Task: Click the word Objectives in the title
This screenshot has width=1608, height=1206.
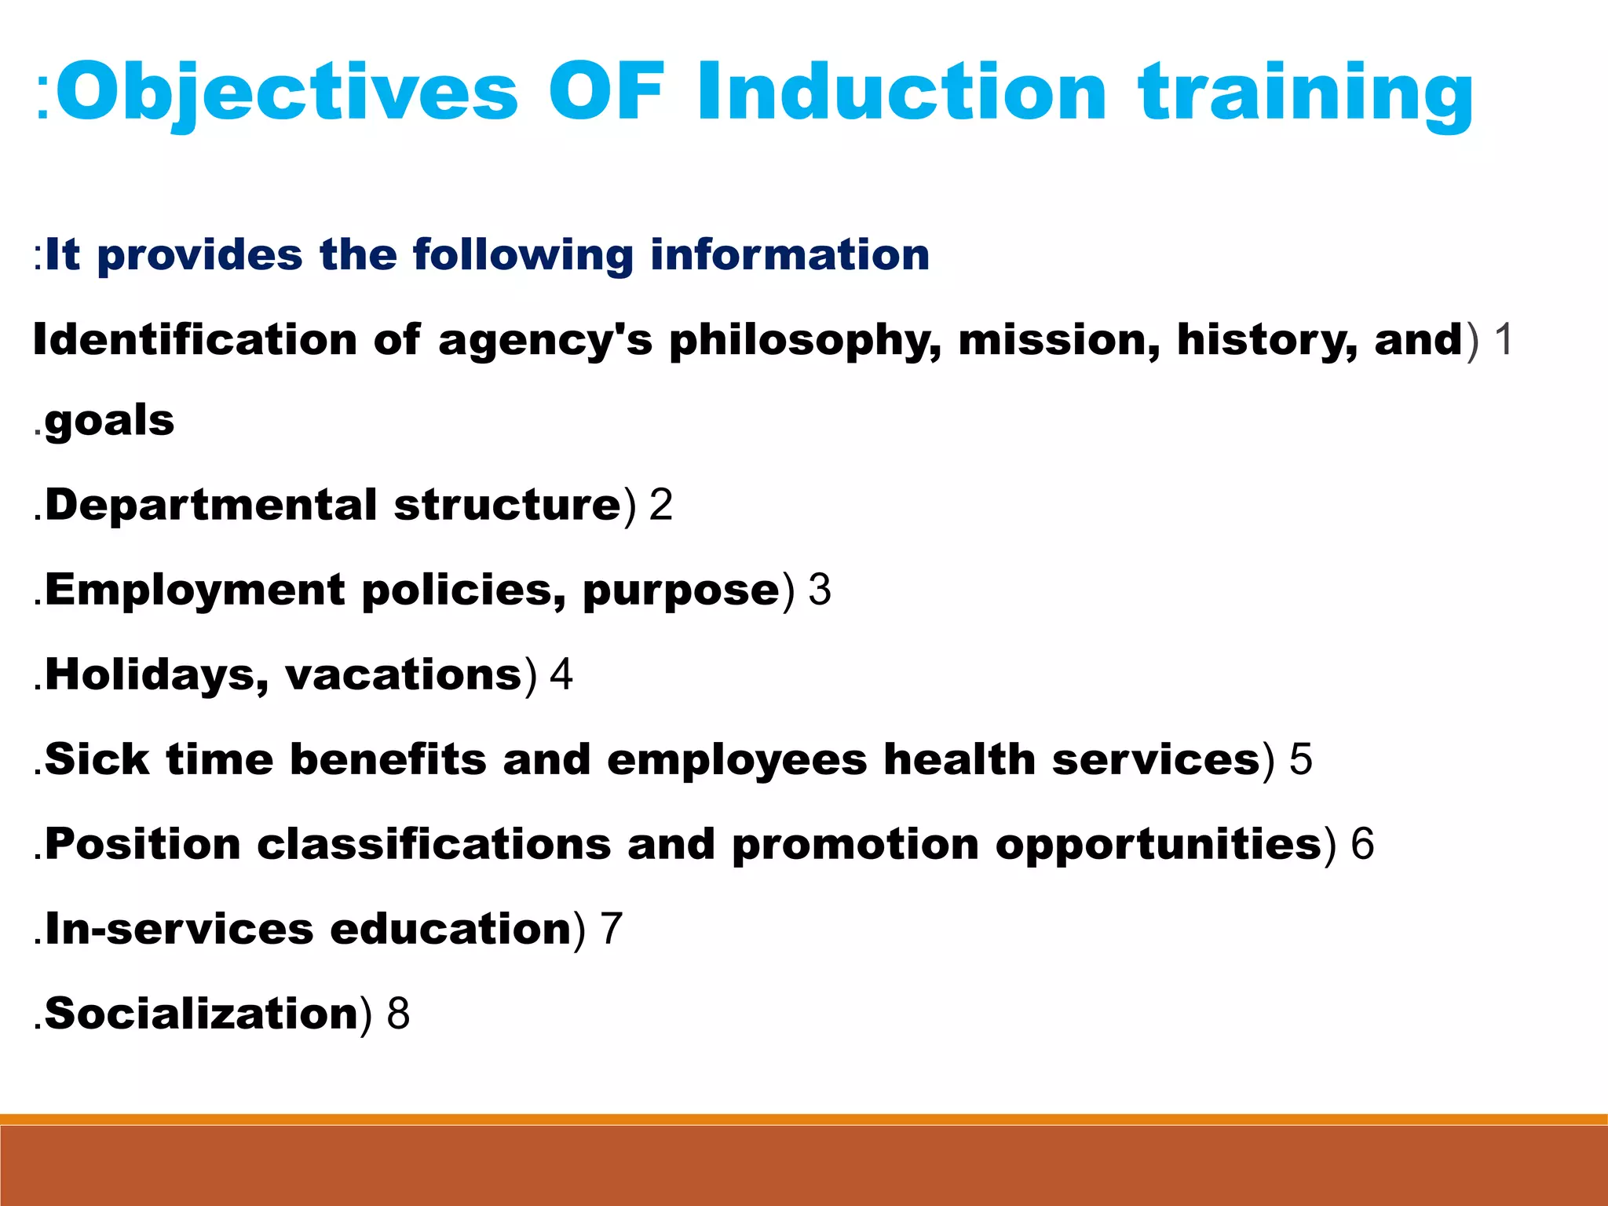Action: click(287, 93)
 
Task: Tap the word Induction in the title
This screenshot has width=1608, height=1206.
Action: click(901, 93)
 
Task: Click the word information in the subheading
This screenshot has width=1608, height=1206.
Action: click(790, 255)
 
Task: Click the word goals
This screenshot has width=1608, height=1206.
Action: click(110, 422)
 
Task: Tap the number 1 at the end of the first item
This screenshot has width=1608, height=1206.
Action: click(1503, 341)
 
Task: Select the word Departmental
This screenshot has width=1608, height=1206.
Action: click(210, 506)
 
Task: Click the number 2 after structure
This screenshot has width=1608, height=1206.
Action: click(661, 505)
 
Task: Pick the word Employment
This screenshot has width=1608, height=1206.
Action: click(195, 590)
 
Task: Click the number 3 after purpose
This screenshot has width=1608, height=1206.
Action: click(820, 590)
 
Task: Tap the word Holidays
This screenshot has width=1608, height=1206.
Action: click(157, 675)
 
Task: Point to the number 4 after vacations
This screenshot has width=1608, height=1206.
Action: click(561, 675)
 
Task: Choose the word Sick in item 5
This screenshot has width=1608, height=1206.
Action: click(97, 760)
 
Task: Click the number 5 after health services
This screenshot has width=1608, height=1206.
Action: click(1301, 759)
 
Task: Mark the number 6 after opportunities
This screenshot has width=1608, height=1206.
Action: click(1362, 844)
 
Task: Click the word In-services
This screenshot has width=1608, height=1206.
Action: click(179, 930)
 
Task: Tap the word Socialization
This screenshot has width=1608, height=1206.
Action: click(201, 1014)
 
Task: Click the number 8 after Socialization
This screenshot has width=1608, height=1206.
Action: click(399, 1014)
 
